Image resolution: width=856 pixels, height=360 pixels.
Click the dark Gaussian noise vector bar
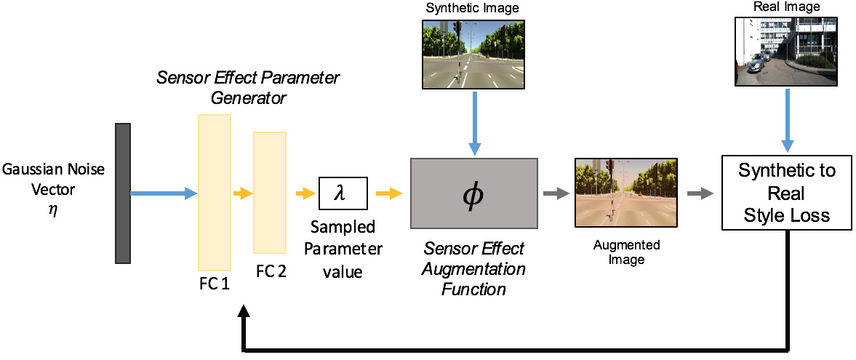click(x=123, y=193)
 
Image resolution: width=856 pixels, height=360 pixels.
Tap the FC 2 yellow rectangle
click(x=270, y=192)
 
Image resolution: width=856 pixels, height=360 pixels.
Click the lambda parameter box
click(x=343, y=193)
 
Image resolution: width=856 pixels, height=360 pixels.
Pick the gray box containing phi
click(x=474, y=193)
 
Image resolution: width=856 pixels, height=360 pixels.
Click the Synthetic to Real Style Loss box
click(x=787, y=193)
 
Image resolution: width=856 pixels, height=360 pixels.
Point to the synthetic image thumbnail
click(x=474, y=54)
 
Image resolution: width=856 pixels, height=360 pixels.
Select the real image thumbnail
click(x=786, y=51)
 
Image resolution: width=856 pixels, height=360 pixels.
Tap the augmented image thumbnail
click(x=626, y=193)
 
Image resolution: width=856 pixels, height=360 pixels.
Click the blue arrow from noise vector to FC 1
click(x=164, y=193)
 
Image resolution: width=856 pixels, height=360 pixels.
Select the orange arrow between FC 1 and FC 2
click(x=243, y=193)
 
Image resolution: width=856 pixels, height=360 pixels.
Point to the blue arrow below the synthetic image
click(x=474, y=122)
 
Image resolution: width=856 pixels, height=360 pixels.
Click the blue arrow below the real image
click(x=787, y=119)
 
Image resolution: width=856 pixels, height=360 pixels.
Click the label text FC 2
click(x=271, y=271)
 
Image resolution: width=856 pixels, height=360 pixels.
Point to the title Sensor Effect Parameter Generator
click(x=249, y=87)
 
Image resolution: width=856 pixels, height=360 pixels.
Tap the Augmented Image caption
click(x=625, y=252)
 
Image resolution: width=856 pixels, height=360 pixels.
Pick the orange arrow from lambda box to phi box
click(x=389, y=193)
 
